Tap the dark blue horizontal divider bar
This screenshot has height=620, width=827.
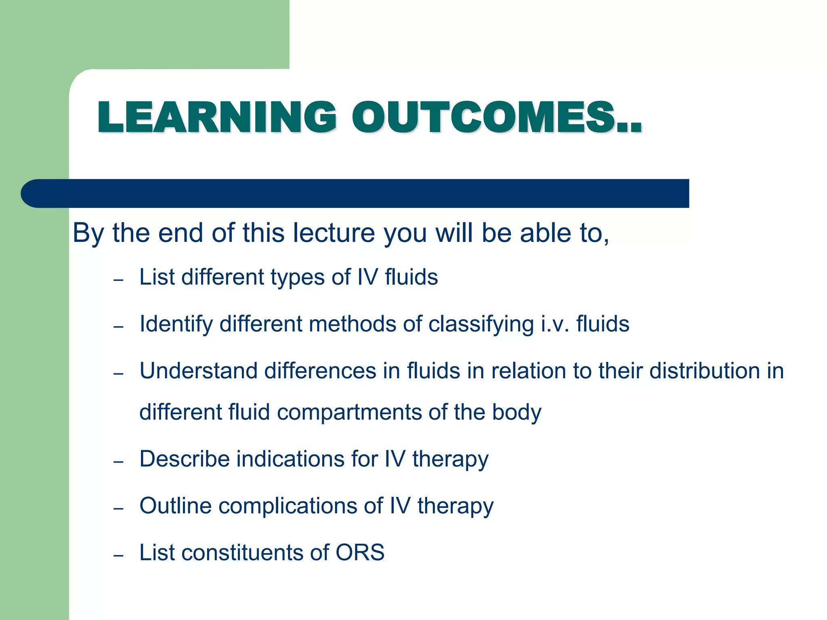point(355,193)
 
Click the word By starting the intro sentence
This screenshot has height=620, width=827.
point(88,234)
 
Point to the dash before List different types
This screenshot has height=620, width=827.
point(118,280)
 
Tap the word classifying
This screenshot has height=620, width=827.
point(481,325)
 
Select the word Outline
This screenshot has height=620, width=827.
point(175,506)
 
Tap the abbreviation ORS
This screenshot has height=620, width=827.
point(360,553)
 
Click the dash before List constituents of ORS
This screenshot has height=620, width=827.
point(118,556)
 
